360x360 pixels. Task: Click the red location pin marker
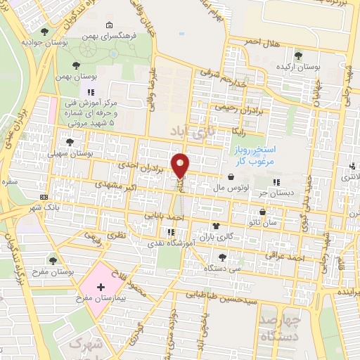point(181,165)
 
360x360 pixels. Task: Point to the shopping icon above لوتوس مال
point(232,177)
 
